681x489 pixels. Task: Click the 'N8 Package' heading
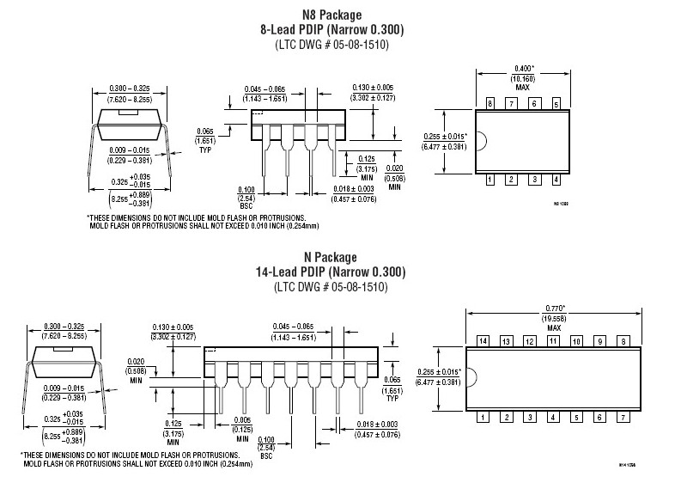332,15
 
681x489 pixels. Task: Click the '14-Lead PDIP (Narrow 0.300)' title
332,272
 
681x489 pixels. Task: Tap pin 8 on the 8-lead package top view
490,104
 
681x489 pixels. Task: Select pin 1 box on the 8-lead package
490,180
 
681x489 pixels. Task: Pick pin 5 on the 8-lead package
556,104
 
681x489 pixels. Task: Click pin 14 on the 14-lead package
483,341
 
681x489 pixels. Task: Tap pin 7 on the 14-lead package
622,417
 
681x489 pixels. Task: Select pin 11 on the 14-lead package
552,341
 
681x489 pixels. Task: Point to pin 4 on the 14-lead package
552,417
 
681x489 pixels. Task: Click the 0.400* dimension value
523,67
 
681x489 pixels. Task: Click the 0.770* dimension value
552,308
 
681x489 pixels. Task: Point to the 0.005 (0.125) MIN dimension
243,427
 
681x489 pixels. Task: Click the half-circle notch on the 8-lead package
481,142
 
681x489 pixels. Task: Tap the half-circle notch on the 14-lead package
471,379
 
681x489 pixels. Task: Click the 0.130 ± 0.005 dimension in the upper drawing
373,88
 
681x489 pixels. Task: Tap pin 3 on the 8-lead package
534,180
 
